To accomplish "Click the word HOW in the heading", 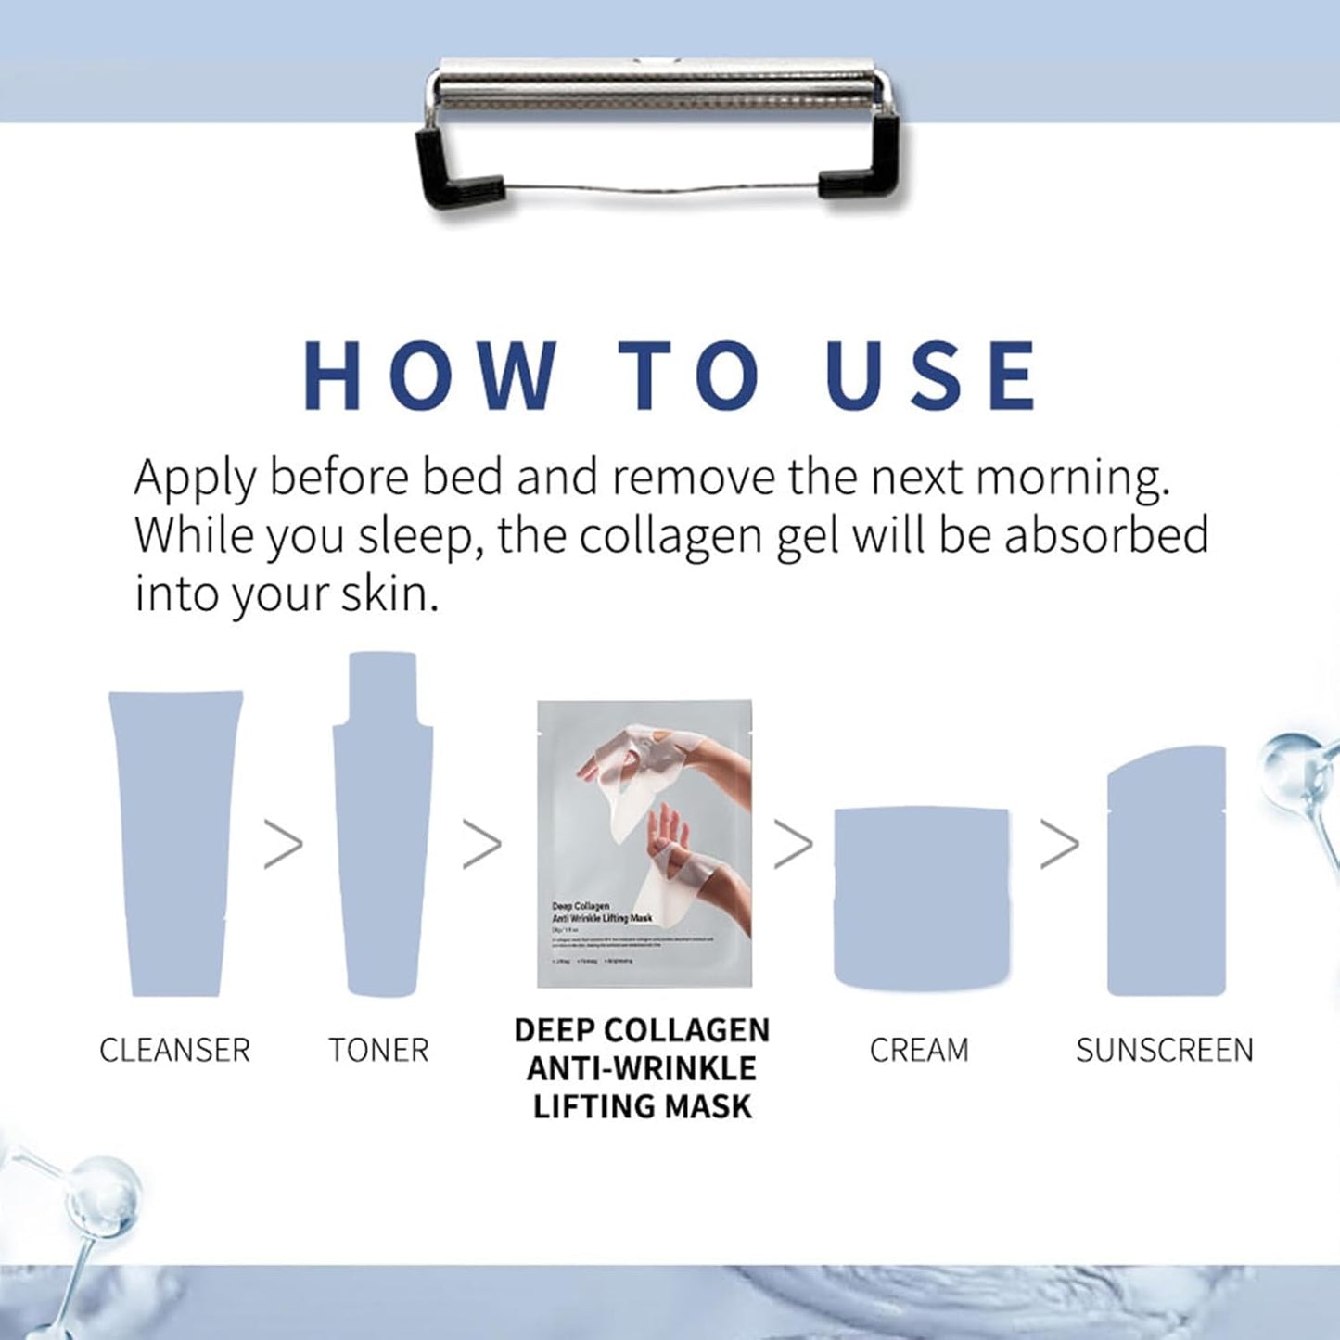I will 430,376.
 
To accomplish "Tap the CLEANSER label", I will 174,1051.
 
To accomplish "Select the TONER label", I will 378,1051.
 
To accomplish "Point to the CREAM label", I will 919,1051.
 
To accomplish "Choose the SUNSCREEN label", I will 1165,1051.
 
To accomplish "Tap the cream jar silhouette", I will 921,898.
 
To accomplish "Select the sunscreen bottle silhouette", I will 1167,872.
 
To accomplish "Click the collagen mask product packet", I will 644,844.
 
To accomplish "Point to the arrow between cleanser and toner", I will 284,845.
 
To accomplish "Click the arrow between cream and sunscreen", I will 1060,845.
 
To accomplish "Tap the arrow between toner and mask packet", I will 482,845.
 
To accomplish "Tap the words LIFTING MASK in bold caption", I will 642,1106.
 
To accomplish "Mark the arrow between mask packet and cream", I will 794,845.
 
